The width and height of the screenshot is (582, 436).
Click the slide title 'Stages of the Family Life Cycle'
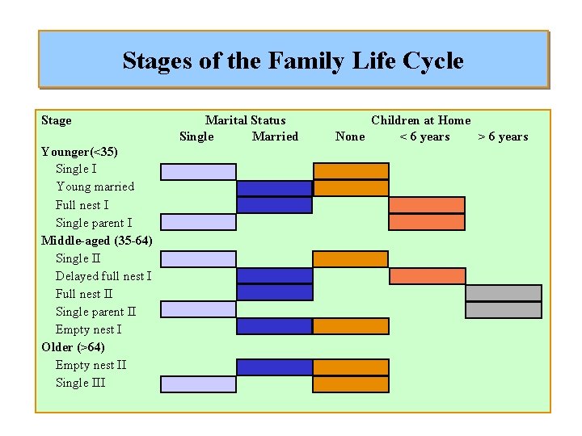[293, 61]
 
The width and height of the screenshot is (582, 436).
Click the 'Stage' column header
[56, 120]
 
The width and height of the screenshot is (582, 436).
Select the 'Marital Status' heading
[245, 120]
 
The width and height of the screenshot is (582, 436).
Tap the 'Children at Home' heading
[420, 120]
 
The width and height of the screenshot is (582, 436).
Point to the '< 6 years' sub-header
[424, 136]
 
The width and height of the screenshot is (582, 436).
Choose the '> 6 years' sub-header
[503, 136]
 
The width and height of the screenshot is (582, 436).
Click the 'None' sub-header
[349, 136]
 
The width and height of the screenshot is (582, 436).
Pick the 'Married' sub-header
[275, 136]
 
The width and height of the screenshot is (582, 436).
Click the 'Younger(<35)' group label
[79, 152]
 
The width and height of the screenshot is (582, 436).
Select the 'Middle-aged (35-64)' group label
[96, 241]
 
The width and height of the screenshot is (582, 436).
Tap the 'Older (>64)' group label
[73, 347]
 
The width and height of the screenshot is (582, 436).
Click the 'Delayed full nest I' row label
[103, 276]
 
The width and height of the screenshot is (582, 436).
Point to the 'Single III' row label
[80, 383]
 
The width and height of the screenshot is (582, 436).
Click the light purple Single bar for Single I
[198, 171]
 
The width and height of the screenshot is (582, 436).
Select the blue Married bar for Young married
[274, 189]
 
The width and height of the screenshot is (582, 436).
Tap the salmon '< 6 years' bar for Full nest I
[427, 205]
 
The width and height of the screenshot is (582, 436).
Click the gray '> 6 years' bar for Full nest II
[504, 293]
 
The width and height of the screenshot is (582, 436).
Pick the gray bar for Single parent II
[504, 310]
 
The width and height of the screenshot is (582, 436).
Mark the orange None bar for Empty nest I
[351, 326]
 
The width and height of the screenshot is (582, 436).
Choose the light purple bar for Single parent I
[198, 223]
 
